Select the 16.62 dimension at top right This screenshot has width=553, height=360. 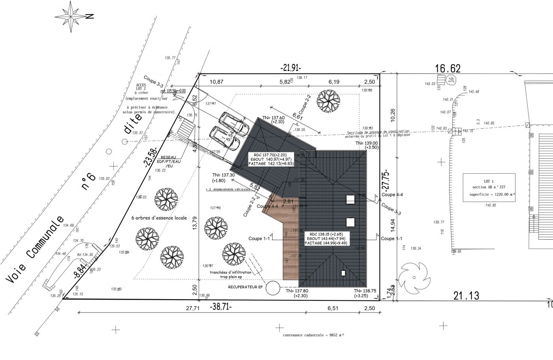[448, 68]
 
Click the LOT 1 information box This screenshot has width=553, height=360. [489, 187]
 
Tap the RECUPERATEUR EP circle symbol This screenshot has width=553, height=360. [272, 288]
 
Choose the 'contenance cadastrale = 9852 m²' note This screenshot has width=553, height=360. [313, 335]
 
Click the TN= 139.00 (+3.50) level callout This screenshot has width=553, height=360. [367, 145]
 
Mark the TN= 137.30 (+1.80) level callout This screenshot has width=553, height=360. [224, 178]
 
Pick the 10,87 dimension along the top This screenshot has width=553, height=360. [216, 82]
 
